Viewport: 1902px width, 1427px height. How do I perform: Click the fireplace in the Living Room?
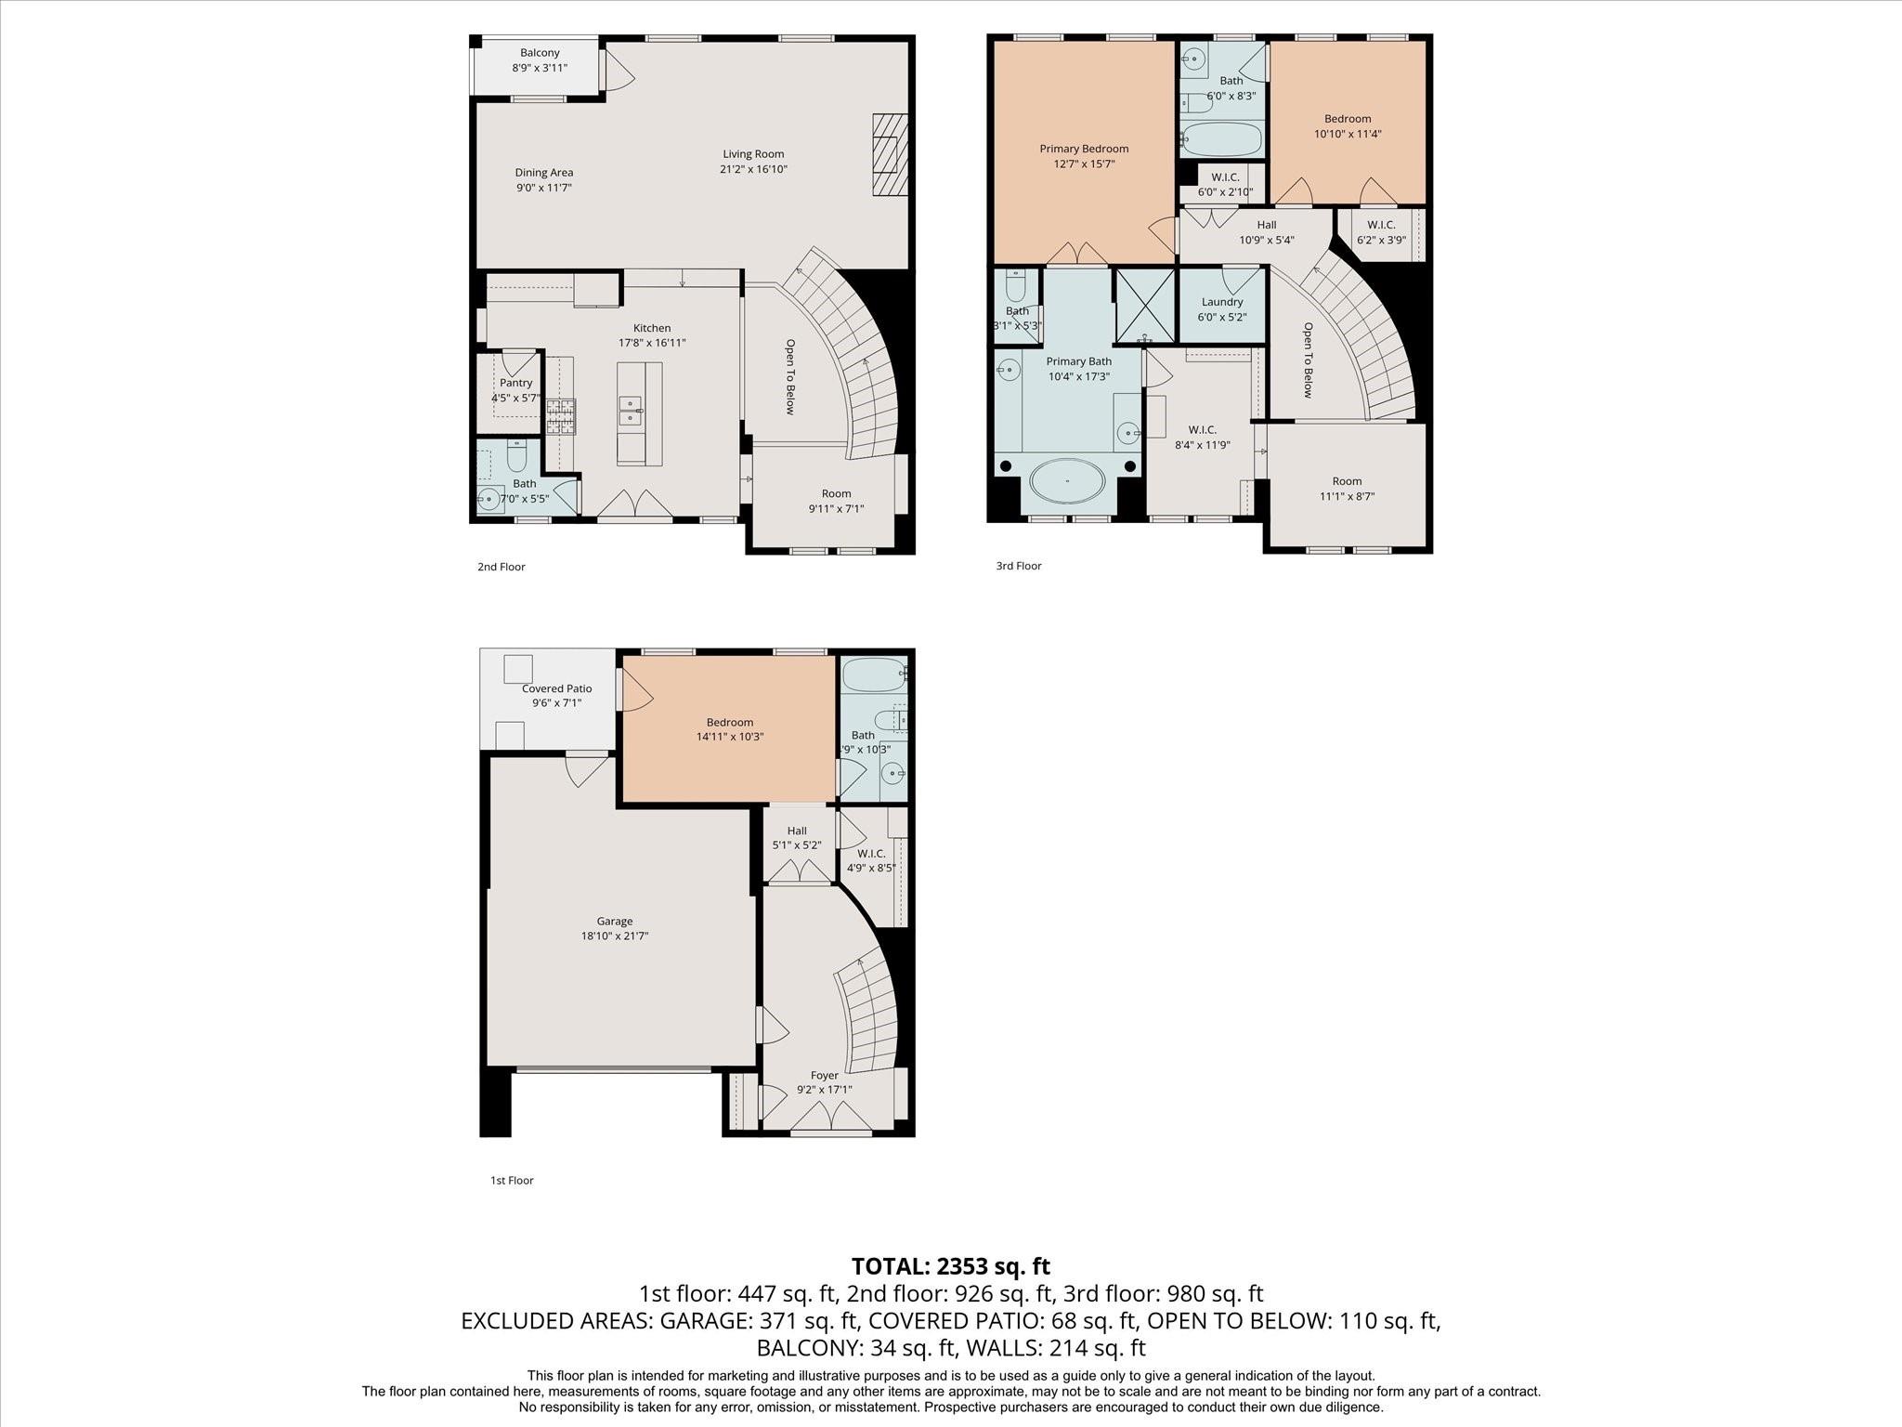point(889,154)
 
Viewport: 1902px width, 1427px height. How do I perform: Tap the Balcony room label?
point(540,53)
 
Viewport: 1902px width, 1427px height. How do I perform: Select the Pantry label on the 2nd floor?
point(515,383)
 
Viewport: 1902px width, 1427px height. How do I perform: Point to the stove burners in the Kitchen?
point(560,416)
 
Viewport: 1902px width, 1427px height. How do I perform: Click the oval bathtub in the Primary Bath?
point(1067,481)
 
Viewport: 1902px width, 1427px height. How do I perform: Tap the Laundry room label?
point(1222,302)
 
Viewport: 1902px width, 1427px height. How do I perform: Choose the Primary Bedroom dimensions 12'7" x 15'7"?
point(1084,164)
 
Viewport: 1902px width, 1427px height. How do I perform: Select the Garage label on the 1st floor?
point(615,922)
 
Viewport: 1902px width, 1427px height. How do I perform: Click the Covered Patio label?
point(556,688)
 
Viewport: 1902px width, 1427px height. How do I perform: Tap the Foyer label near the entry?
point(824,1076)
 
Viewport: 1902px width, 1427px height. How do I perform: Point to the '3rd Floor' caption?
point(1019,566)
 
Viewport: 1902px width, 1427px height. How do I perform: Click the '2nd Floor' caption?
point(502,567)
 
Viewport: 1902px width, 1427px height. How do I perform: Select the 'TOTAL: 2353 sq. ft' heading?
point(951,1266)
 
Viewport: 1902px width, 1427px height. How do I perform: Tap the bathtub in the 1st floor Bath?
point(873,674)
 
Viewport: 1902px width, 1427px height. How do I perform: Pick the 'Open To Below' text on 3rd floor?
point(1308,360)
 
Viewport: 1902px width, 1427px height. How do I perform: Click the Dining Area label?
point(544,173)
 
